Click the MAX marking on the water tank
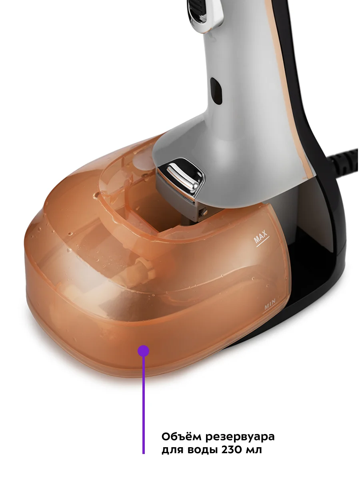pyautogui.click(x=260, y=236)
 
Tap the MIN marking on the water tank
pyautogui.click(x=270, y=304)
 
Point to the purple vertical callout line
pyautogui.click(x=143, y=404)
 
